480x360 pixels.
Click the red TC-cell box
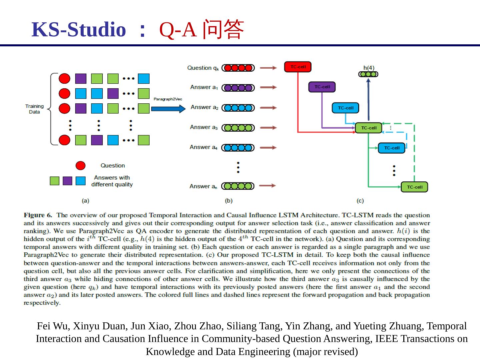point(298,67)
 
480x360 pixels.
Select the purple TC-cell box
point(322,87)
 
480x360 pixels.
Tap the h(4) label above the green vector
point(369,68)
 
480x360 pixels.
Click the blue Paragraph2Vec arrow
point(168,109)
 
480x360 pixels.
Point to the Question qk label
point(203,68)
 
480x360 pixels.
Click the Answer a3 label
point(204,127)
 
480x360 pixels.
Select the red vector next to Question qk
point(238,68)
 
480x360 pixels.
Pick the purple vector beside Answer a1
point(238,88)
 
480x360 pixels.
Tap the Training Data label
point(34,109)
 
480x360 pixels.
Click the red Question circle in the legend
point(80,166)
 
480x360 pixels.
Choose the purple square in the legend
point(67,181)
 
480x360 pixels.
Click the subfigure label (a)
point(86,201)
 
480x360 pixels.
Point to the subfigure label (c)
point(360,201)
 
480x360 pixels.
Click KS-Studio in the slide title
point(79,29)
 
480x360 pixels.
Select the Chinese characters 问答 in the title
point(224,29)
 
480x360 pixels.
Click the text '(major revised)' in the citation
point(325,352)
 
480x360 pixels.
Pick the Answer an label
point(203,186)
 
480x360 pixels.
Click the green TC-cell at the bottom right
point(414,187)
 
